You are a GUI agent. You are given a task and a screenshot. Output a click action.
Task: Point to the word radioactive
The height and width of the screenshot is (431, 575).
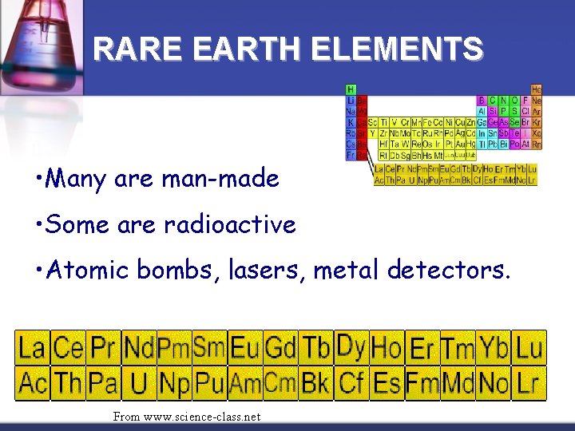(230, 225)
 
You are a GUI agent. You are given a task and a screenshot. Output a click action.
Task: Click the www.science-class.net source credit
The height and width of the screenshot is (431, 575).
(187, 417)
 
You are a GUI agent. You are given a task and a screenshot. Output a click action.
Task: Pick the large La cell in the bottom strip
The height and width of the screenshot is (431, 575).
(33, 348)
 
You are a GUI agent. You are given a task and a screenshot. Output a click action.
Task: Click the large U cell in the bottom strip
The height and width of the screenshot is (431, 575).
(139, 384)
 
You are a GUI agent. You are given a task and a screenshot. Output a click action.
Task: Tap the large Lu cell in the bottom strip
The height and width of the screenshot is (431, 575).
(529, 348)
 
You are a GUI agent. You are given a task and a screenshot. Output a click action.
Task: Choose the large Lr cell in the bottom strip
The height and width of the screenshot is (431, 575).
(529, 384)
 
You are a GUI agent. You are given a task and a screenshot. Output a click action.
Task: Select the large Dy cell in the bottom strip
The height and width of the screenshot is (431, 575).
(351, 347)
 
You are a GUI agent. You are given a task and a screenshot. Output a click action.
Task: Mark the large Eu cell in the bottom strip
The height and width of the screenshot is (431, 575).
(245, 348)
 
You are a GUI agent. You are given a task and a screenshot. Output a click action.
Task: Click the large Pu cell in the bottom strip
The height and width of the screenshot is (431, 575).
(209, 384)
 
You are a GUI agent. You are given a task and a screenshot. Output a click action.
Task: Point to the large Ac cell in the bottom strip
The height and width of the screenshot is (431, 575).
(33, 384)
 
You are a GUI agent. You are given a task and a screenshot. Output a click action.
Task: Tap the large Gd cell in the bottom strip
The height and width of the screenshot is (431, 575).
(280, 348)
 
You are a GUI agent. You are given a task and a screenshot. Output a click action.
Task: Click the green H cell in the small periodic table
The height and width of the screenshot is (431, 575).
(351, 90)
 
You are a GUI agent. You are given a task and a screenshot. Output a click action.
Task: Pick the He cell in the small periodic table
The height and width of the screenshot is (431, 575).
(536, 90)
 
